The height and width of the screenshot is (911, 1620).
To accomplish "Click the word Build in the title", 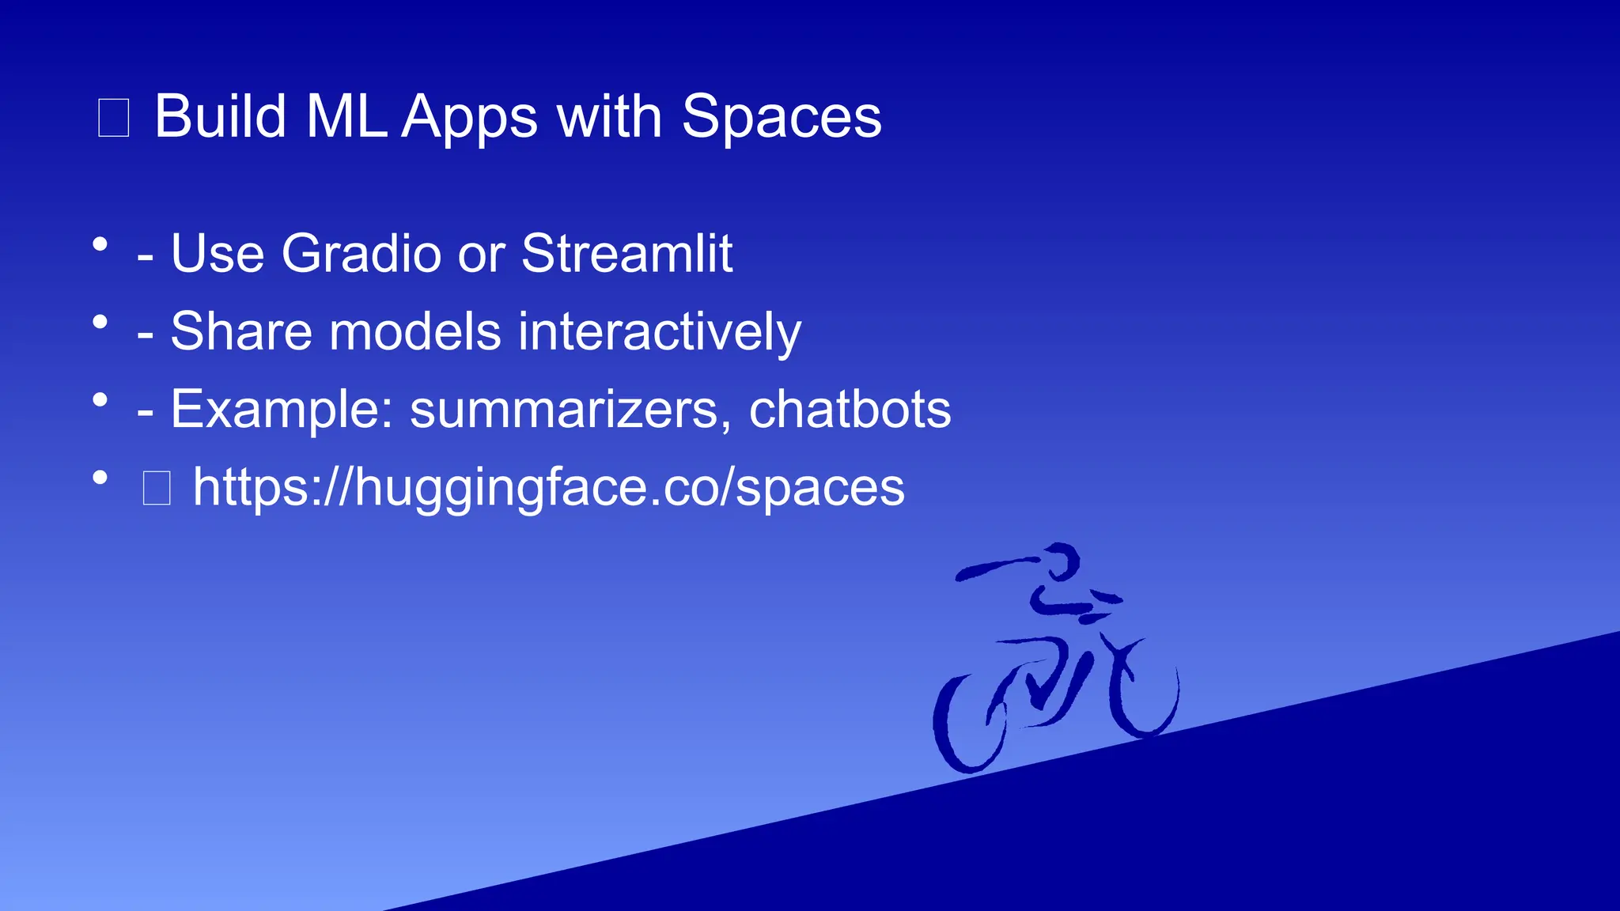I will pyautogui.click(x=220, y=117).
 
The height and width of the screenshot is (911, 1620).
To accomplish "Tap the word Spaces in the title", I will pyautogui.click(x=781, y=117).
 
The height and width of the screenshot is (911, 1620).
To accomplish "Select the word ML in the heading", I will pyautogui.click(x=346, y=117).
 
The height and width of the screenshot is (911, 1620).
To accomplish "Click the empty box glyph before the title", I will pyautogui.click(x=113, y=118).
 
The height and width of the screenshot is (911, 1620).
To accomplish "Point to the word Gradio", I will pyautogui.click(x=361, y=254).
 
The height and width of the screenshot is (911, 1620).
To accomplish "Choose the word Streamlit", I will pyautogui.click(x=626, y=254).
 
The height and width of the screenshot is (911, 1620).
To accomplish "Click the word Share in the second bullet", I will pyautogui.click(x=241, y=331).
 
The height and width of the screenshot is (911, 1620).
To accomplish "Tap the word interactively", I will pyautogui.click(x=659, y=331).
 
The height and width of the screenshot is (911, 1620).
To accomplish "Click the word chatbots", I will pyautogui.click(x=850, y=410).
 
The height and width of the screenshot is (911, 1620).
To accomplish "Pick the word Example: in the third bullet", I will pyautogui.click(x=282, y=410).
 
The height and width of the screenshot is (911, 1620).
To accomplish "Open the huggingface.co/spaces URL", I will pyautogui.click(x=548, y=487).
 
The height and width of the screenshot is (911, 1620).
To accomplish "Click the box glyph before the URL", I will pyautogui.click(x=157, y=488).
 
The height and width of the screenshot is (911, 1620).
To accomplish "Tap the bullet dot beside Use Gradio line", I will pyautogui.click(x=100, y=244).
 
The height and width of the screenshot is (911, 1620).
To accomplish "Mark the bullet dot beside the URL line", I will pyautogui.click(x=100, y=478).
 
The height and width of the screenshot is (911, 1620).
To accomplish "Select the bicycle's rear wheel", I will pyautogui.click(x=969, y=724).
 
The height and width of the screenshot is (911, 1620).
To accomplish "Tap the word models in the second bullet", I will pyautogui.click(x=414, y=331).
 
